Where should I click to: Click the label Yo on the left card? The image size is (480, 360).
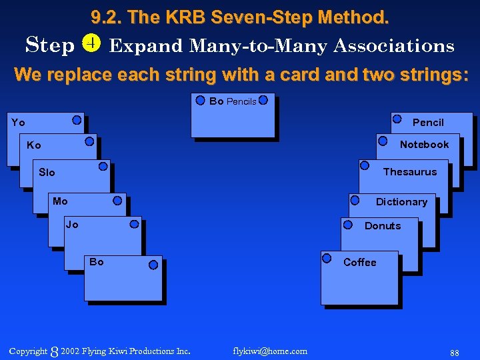(18, 123)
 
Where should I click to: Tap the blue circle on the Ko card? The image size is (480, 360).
(89, 141)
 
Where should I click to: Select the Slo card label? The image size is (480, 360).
(47, 173)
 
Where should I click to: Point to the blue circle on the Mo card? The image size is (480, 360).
(117, 199)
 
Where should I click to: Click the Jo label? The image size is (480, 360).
(72, 225)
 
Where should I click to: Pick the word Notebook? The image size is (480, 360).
(424, 145)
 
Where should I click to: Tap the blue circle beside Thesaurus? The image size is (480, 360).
(364, 165)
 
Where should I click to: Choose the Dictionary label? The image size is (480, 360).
(401, 202)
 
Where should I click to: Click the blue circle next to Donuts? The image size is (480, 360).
(347, 225)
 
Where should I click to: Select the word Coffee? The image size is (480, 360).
(359, 263)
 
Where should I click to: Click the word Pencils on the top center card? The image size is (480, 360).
(241, 102)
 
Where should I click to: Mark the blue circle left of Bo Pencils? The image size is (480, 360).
(200, 101)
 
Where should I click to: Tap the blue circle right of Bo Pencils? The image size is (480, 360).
(263, 101)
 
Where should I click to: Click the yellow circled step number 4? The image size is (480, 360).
(91, 44)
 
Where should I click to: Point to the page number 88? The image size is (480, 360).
(455, 352)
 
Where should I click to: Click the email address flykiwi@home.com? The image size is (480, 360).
(270, 351)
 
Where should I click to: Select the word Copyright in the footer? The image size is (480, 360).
(28, 351)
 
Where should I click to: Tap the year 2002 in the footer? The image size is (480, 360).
(70, 351)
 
